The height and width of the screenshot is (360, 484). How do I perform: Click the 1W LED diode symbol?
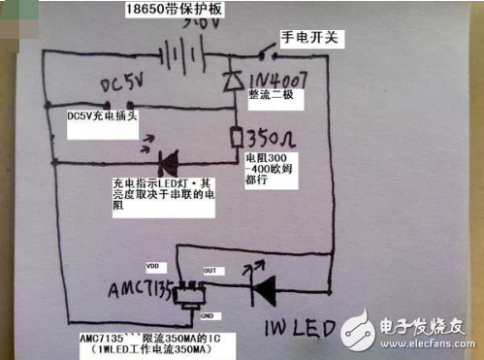[260, 284]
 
